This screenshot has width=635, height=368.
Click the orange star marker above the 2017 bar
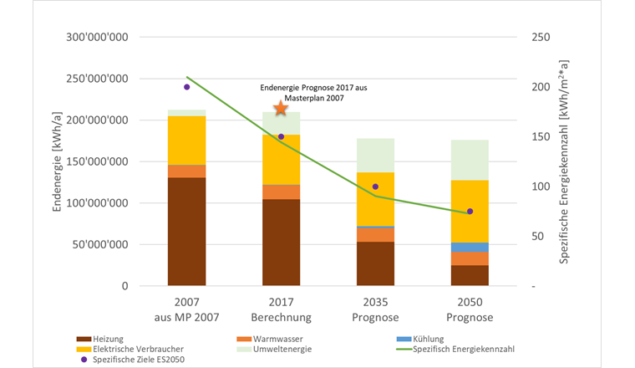pos(281,108)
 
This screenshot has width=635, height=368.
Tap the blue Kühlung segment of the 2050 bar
pos(469,247)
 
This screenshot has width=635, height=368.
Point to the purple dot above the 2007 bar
pos(186,87)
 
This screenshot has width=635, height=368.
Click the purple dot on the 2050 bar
pos(470,212)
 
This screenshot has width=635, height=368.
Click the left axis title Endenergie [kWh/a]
pos(58,161)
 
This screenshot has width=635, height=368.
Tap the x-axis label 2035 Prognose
pos(375,310)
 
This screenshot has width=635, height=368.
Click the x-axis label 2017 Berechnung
pos(281,310)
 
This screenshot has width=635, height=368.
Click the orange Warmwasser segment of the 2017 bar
pos(281,192)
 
